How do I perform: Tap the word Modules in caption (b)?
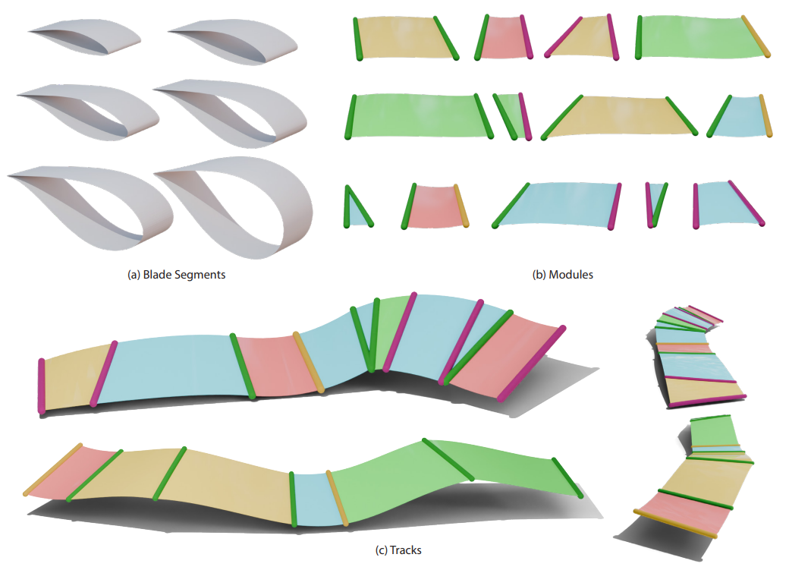(x=574, y=275)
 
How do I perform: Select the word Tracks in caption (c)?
(x=404, y=549)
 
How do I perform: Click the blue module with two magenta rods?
(x=728, y=203)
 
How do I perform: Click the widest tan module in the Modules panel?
(x=619, y=116)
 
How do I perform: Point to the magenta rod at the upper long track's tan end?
(x=42, y=386)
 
